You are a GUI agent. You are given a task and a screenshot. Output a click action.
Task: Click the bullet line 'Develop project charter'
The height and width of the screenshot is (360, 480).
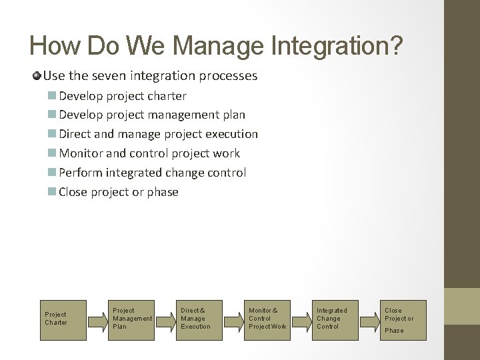tap(123, 95)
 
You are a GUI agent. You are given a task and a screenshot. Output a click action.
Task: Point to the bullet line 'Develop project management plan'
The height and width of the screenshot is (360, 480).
tap(152, 115)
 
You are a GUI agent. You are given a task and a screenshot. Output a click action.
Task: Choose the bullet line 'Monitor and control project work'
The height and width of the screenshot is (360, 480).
tap(149, 153)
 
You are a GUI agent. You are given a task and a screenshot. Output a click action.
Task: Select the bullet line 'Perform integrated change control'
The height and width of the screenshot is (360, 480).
tap(153, 173)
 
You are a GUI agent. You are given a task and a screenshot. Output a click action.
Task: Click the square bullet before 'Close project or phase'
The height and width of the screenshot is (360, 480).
tap(53, 192)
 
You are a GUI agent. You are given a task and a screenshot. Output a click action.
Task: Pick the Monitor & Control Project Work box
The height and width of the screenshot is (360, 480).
tap(267, 318)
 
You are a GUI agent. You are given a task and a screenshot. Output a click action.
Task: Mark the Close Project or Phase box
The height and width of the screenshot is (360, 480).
tap(399, 319)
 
